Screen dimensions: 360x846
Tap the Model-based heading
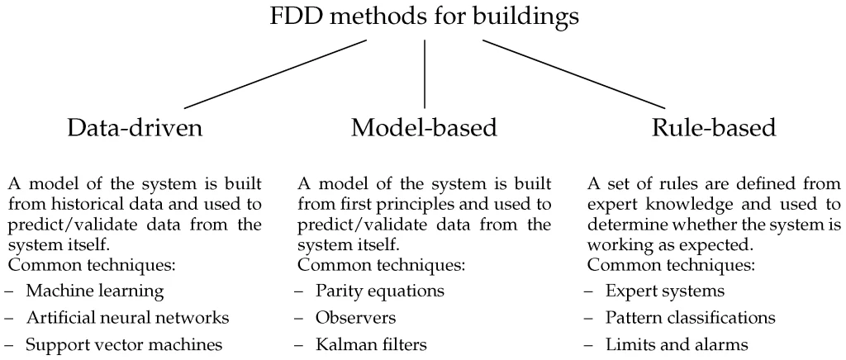point(424,130)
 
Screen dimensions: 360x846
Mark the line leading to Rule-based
point(573,73)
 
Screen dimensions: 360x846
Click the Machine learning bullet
point(93,291)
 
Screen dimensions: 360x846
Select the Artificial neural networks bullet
point(126,318)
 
